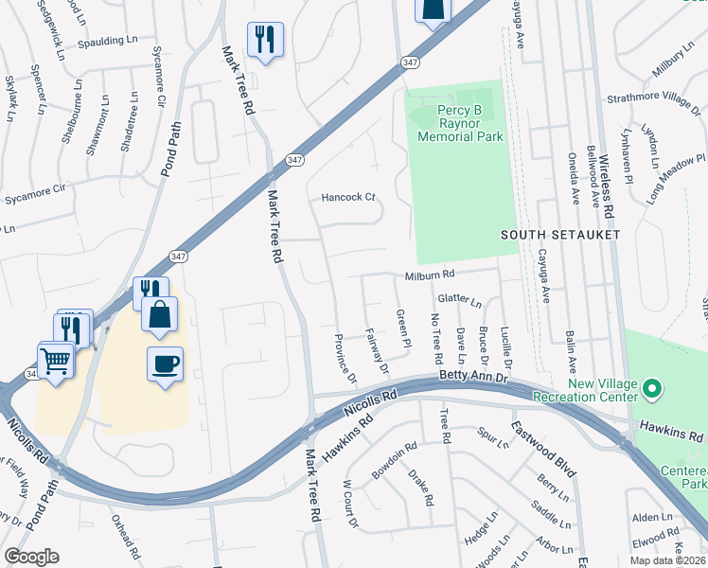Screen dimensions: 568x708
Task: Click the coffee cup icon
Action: coord(166,364)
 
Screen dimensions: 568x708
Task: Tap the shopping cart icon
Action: coord(56,360)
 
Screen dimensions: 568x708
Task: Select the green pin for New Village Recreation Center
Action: coord(651,388)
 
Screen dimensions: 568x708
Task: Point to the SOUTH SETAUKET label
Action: coord(560,234)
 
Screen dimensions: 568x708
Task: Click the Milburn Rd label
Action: coord(431,275)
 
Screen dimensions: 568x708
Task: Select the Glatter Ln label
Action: coord(460,300)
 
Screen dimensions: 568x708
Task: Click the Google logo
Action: coord(31,557)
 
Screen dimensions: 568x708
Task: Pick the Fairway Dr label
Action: coord(377,349)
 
